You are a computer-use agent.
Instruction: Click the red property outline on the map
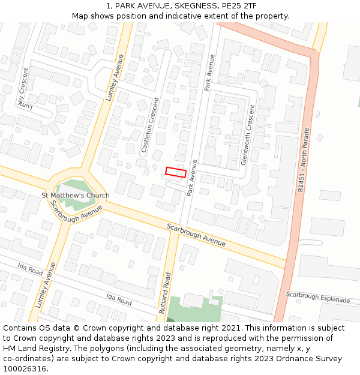(x=176, y=172)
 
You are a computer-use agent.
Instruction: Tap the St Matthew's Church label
(x=76, y=196)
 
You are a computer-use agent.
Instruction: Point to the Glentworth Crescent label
(x=247, y=135)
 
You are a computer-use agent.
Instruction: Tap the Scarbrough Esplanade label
(x=317, y=297)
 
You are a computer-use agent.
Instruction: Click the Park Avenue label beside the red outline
(x=192, y=178)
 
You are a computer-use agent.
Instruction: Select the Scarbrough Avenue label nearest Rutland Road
(x=196, y=235)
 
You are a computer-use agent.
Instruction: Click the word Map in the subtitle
(x=80, y=16)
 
